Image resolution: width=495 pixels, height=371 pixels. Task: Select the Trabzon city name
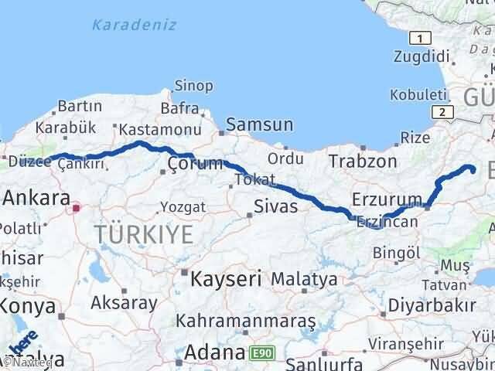point(362,162)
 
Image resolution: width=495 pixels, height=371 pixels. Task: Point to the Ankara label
point(36,197)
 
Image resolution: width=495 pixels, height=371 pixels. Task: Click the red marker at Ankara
point(77,207)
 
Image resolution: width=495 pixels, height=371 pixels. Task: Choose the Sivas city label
point(276,206)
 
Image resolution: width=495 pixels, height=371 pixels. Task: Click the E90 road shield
point(261,353)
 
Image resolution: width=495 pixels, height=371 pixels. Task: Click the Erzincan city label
point(387,221)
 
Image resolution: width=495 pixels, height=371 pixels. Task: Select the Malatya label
point(305,278)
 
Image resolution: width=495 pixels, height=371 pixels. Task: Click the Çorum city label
point(195,164)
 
